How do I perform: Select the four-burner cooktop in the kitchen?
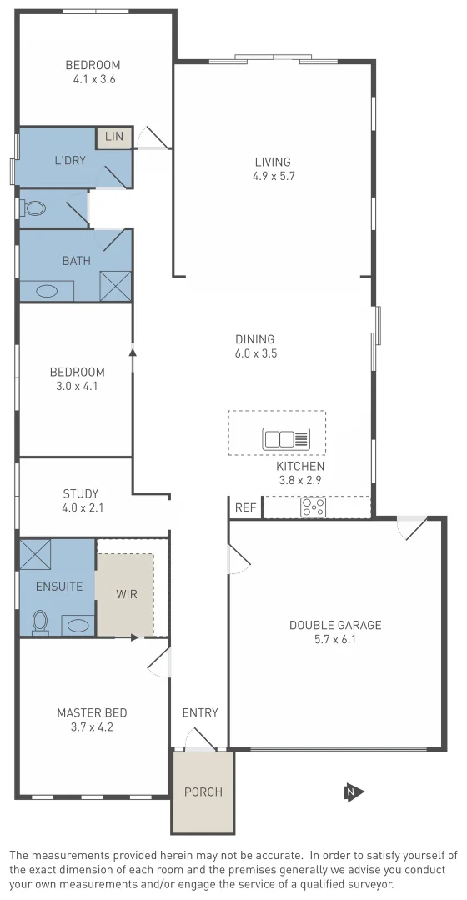coord(314,507)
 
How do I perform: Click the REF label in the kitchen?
coord(245,507)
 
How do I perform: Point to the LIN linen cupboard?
coord(114,137)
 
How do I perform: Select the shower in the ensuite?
coord(35,555)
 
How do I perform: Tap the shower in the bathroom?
coord(115,286)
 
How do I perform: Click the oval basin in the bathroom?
coord(46,292)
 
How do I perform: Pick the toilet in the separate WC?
coord(33,208)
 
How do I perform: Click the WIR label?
coord(127,594)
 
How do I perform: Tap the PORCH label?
coord(203,792)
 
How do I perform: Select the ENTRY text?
coord(200,712)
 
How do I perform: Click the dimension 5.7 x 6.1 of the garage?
coord(334,639)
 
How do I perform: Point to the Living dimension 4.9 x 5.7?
coord(274,176)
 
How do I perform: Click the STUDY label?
coord(81,492)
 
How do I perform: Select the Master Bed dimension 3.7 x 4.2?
coord(92,727)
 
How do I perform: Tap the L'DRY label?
coord(70,161)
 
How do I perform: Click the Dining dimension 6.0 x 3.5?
coord(255,353)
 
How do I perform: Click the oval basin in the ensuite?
coord(78,625)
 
